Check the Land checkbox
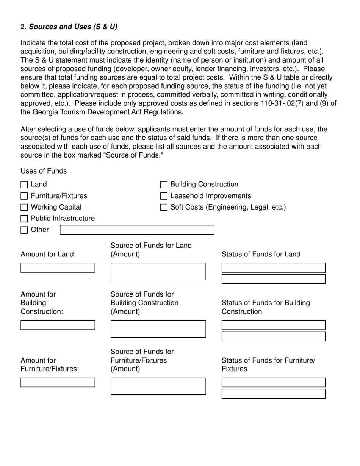point(24,185)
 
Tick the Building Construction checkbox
point(164,185)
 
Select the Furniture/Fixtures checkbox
point(24,196)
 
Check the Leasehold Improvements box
point(164,196)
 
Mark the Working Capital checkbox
point(24,208)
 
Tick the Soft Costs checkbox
point(164,208)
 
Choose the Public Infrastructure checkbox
point(24,219)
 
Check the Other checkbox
point(24,230)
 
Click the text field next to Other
point(137,230)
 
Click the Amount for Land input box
point(58,268)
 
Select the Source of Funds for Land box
point(158,272)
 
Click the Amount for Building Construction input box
point(58,325)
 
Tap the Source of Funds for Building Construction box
point(158,329)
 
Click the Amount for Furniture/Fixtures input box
point(58,383)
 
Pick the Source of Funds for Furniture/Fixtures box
point(158,386)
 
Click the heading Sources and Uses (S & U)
point(73,27)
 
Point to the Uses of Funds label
point(44,171)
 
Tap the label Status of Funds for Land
point(261,254)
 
